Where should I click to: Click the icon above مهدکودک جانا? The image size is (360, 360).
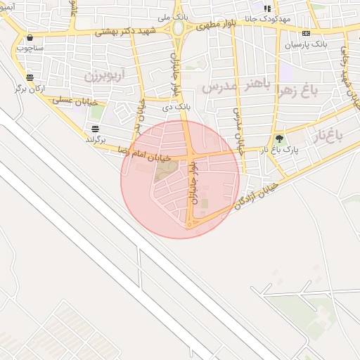(266, 7)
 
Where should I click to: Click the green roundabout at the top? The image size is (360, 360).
(179, 28)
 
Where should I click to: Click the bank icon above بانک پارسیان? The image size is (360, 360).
(306, 33)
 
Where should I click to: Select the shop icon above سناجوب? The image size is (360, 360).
(30, 38)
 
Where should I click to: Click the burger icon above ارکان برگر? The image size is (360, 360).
(30, 77)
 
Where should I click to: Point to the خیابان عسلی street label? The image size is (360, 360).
(73, 101)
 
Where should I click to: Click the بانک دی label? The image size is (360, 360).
(176, 107)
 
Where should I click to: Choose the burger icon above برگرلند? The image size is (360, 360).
(95, 128)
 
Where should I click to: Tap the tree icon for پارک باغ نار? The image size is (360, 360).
(279, 139)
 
